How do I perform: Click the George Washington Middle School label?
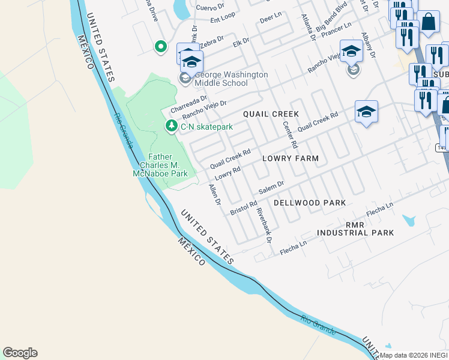[226, 79]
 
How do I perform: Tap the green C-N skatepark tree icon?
[171, 126]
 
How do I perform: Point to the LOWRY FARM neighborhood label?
[291, 158]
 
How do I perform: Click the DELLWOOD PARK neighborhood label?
[310, 203]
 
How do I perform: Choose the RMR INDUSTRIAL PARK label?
[355, 228]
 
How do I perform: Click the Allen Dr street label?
[214, 193]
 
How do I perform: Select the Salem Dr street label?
[270, 187]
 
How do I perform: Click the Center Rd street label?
[289, 134]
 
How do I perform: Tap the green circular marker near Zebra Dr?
[160, 46]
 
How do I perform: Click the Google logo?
[20, 353]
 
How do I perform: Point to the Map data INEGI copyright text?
[413, 355]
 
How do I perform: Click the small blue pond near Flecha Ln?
[411, 221]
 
